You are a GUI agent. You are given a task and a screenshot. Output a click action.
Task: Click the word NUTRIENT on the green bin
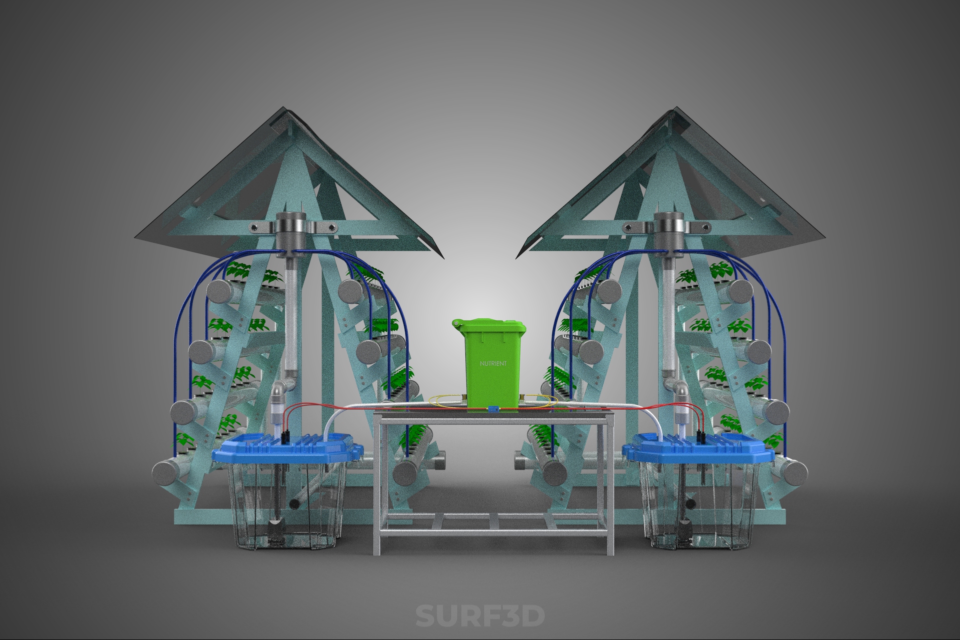coord(492,363)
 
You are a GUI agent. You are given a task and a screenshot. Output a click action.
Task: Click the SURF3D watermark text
coord(480,616)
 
